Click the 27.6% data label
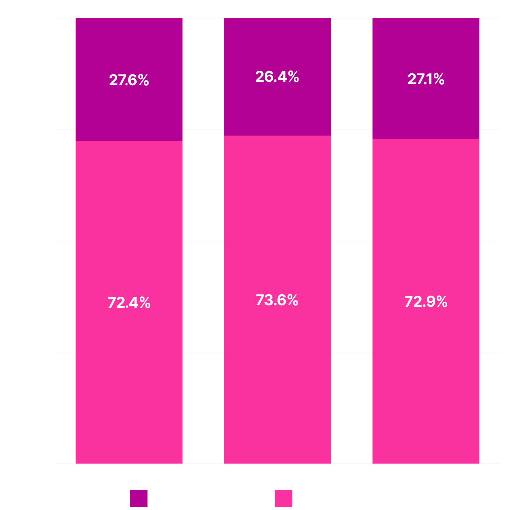click(x=129, y=80)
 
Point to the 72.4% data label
click(x=129, y=302)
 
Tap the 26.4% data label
click(x=277, y=77)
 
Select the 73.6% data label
click(x=277, y=300)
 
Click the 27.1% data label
click(x=426, y=79)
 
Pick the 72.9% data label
click(x=426, y=302)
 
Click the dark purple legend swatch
click(x=139, y=498)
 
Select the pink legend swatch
click(x=283, y=498)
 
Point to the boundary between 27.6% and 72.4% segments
click(x=128, y=141)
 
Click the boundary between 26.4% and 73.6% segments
click(x=277, y=136)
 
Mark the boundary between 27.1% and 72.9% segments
click(x=425, y=139)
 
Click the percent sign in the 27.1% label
click(x=438, y=79)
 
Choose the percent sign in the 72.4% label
click(x=144, y=302)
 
